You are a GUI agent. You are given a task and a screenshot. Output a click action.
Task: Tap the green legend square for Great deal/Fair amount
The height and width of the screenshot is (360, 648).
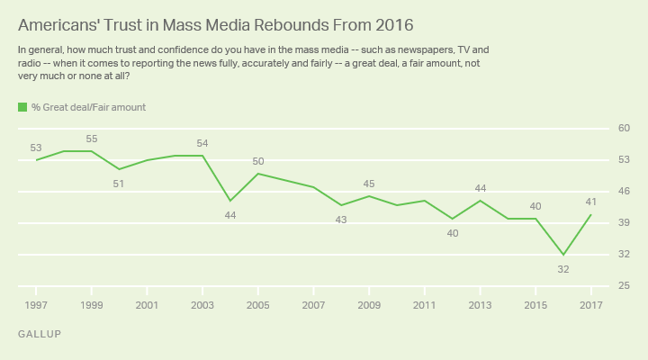pos(22,107)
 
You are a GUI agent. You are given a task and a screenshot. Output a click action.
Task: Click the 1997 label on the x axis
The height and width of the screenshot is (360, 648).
pos(36,304)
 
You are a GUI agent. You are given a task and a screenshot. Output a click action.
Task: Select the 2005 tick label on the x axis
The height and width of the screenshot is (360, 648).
pos(258,304)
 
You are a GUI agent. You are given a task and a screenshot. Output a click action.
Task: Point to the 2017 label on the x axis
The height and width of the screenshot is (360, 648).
pos(591,304)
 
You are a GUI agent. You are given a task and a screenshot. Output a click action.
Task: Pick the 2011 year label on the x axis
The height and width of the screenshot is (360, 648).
pos(425,304)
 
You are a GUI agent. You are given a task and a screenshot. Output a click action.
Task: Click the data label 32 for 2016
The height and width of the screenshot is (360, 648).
pos(563,269)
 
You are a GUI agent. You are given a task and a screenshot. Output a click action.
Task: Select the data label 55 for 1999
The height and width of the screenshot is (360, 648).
pos(92,139)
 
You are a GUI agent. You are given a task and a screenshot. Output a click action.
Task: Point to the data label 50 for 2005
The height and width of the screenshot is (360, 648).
pos(258,161)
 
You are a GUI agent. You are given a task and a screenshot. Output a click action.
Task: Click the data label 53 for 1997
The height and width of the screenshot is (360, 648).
pos(36,148)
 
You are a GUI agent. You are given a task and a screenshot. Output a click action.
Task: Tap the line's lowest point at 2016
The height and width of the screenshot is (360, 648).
pos(563,255)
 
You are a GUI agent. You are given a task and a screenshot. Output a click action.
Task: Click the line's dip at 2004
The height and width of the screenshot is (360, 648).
pos(230,201)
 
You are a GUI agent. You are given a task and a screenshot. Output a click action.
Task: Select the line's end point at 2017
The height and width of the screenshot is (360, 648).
pos(591,214)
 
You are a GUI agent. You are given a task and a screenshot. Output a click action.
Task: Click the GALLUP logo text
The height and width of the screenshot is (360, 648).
pos(38,334)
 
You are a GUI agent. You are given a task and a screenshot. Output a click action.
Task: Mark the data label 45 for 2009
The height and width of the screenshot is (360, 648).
pos(369,184)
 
